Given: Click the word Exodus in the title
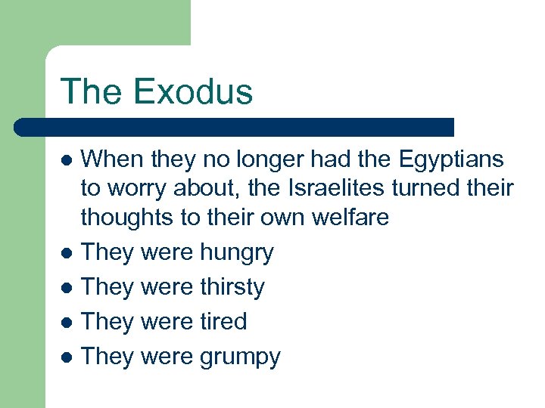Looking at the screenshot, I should [x=194, y=91].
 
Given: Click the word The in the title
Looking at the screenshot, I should [x=93, y=91].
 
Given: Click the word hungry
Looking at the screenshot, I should [x=237, y=253].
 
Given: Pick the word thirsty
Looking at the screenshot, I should [x=232, y=287].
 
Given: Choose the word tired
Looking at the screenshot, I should [x=223, y=321].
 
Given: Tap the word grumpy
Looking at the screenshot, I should [x=240, y=357].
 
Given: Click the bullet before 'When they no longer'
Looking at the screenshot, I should [x=67, y=161].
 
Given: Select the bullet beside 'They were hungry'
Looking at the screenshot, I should [x=67, y=253].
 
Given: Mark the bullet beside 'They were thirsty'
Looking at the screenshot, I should [x=67, y=288].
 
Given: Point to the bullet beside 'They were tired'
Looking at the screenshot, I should [x=67, y=322].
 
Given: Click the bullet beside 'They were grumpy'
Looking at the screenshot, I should [x=67, y=357].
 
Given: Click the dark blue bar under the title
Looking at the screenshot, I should [x=235, y=127].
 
